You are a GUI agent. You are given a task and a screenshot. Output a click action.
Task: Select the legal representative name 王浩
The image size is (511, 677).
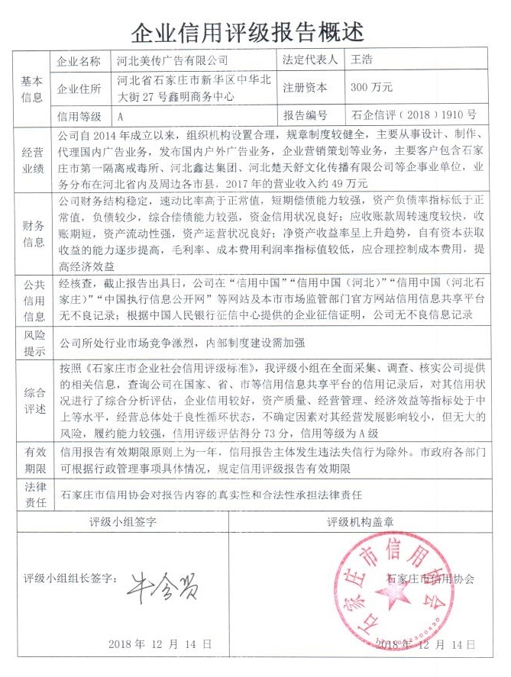(x=362, y=60)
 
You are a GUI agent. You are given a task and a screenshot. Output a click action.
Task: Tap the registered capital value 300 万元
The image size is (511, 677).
(x=371, y=88)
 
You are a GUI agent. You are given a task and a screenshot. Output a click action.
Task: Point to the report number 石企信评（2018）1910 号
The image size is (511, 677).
(x=413, y=116)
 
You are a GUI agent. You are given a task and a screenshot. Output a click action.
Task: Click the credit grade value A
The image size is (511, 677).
(x=120, y=117)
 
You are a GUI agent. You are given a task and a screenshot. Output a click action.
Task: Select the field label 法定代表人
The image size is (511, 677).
(x=309, y=60)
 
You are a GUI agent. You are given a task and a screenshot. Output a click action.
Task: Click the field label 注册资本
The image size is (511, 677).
(x=305, y=88)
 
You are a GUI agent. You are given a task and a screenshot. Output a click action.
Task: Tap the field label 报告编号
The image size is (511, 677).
(x=305, y=116)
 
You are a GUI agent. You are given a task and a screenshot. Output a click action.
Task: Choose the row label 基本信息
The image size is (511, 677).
(x=31, y=88)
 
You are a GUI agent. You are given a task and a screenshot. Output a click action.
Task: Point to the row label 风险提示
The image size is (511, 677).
(x=31, y=343)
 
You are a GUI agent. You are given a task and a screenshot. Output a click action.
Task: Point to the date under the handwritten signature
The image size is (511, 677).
(x=160, y=644)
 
